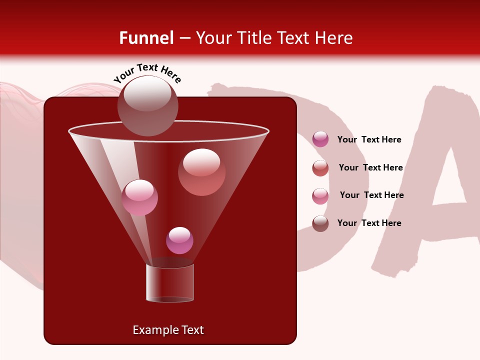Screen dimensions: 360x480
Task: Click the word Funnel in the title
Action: coord(146,38)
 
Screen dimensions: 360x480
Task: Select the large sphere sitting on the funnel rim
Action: coord(147,105)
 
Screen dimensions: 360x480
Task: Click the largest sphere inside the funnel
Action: coord(201,172)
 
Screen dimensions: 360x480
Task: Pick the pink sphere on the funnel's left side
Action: coord(139,197)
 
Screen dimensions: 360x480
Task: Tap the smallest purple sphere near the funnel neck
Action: coord(179,240)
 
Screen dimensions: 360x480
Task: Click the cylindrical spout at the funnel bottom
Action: coord(170,283)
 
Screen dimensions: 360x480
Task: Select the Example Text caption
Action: coord(168,330)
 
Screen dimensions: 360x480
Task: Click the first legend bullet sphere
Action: coord(320,139)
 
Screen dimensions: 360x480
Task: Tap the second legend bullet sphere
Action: coord(320,168)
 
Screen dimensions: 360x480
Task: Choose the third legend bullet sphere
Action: coord(320,195)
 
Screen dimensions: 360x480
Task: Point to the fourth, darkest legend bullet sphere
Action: coord(320,223)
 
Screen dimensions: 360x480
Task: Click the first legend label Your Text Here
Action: coord(369,139)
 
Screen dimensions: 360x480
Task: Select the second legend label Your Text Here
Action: coord(370,167)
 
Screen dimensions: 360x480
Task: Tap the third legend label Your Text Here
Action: coord(371,195)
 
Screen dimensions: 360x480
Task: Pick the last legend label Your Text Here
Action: coord(369,223)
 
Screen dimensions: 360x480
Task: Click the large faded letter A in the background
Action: coord(440,185)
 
